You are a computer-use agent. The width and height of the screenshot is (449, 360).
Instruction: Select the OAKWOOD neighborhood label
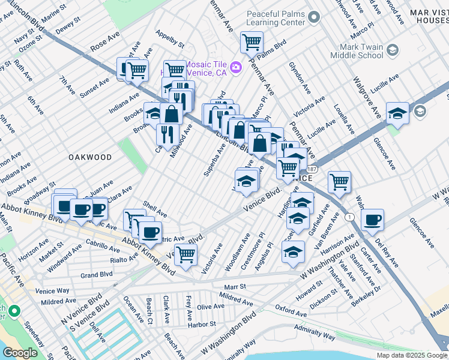click(90, 157)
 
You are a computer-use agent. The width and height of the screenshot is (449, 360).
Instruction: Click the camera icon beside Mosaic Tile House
click(236, 66)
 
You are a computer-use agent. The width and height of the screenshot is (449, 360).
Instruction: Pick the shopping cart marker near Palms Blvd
click(252, 42)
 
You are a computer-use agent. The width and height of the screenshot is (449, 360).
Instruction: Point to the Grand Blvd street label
click(97, 275)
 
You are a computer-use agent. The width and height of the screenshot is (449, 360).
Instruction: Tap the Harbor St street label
click(201, 324)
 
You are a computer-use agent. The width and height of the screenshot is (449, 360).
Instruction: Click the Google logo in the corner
click(20, 353)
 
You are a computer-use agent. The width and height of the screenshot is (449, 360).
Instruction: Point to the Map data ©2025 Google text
click(411, 355)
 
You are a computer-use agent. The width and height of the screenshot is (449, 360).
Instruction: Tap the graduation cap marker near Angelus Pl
click(293, 252)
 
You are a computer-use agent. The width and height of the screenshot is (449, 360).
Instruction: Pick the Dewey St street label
click(67, 28)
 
